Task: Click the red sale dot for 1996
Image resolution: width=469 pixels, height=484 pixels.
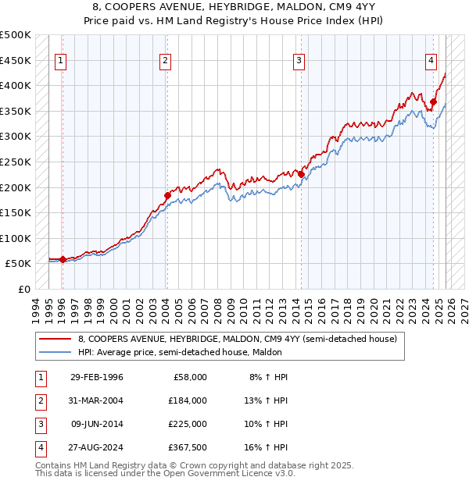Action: pyautogui.click(x=63, y=259)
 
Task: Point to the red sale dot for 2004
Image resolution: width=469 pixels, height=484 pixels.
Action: pyautogui.click(x=166, y=195)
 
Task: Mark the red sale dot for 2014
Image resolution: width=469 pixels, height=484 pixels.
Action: pyautogui.click(x=300, y=174)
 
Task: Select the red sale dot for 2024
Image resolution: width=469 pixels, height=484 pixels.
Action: pyautogui.click(x=433, y=101)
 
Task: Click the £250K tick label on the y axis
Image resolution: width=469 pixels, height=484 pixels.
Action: pyautogui.click(x=16, y=162)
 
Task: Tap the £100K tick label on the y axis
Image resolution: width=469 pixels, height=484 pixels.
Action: pyautogui.click(x=16, y=238)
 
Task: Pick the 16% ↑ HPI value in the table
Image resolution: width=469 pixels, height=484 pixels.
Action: pyautogui.click(x=264, y=447)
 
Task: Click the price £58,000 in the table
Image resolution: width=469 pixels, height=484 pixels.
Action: pyautogui.click(x=188, y=377)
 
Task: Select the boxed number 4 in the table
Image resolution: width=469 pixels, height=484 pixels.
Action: pyautogui.click(x=40, y=447)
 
